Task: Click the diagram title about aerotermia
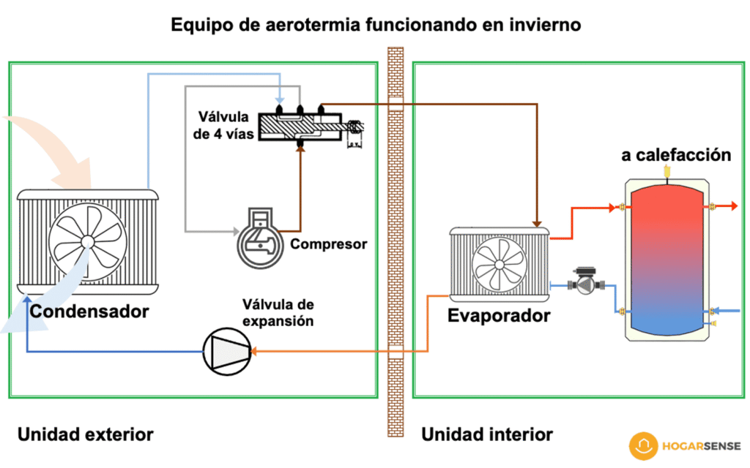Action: coord(375,25)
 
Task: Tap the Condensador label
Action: coord(89,312)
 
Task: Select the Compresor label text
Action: coord(329,244)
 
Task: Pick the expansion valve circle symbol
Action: coord(226,351)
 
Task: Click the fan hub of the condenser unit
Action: coord(87,240)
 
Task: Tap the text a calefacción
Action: coord(676,155)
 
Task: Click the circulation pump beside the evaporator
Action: coord(586,283)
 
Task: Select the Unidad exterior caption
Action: coord(86,434)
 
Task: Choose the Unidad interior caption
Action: coord(487,434)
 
